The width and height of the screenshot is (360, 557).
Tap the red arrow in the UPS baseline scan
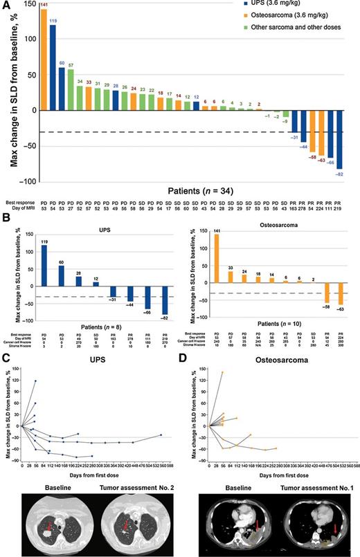[49, 528]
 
